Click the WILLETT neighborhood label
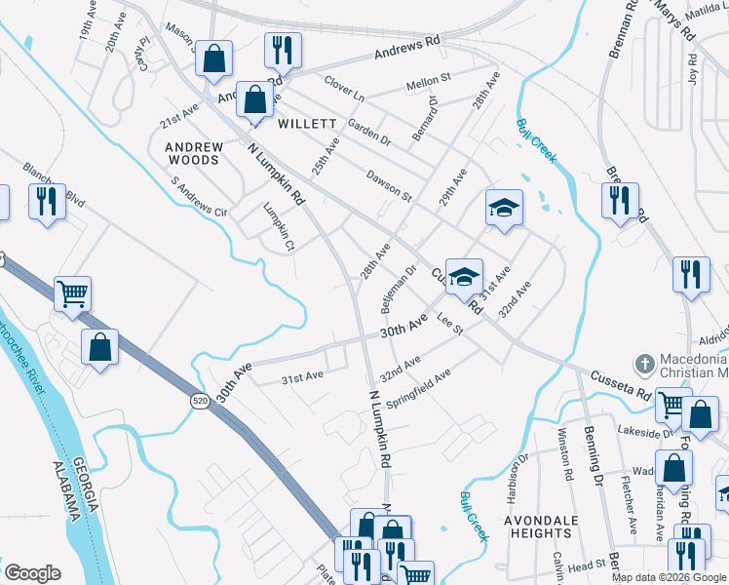click(x=307, y=125)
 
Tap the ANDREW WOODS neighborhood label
click(x=194, y=152)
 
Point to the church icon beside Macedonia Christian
click(x=643, y=365)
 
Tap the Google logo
click(x=32, y=573)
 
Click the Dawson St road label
click(x=389, y=185)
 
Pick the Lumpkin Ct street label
click(x=279, y=226)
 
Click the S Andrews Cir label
click(x=198, y=196)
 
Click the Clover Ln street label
click(x=344, y=97)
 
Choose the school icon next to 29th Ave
click(x=504, y=208)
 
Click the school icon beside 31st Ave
click(x=464, y=276)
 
